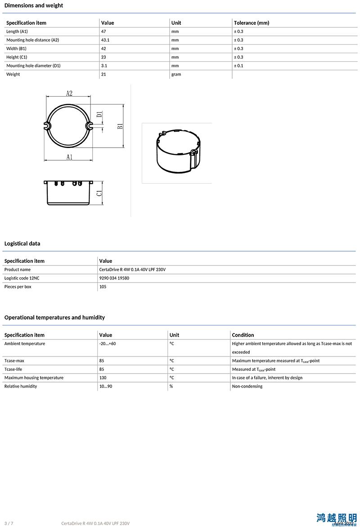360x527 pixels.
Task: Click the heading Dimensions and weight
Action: coord(34,5)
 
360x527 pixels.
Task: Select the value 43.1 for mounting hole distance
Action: coord(105,40)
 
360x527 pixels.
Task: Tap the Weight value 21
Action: coord(103,74)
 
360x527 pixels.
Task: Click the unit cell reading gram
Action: coord(176,74)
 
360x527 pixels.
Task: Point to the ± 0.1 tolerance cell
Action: coord(238,66)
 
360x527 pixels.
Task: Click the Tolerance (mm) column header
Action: coord(251,23)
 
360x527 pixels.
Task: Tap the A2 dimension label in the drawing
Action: coord(69,93)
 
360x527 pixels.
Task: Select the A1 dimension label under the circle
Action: coord(69,157)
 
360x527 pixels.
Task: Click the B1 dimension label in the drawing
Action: coord(120,126)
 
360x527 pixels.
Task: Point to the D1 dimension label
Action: coord(99,115)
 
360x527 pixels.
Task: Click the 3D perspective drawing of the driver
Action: coord(177,152)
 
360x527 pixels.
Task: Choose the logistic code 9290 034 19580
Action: coord(114,278)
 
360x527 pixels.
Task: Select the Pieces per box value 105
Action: coord(103,287)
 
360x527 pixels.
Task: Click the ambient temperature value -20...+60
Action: coord(108,344)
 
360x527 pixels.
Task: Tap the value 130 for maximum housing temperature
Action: coord(103,378)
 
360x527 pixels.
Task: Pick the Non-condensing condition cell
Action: coord(247,387)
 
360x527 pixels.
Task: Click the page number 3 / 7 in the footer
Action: coord(9,523)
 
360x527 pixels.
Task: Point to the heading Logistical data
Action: coord(22,243)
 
